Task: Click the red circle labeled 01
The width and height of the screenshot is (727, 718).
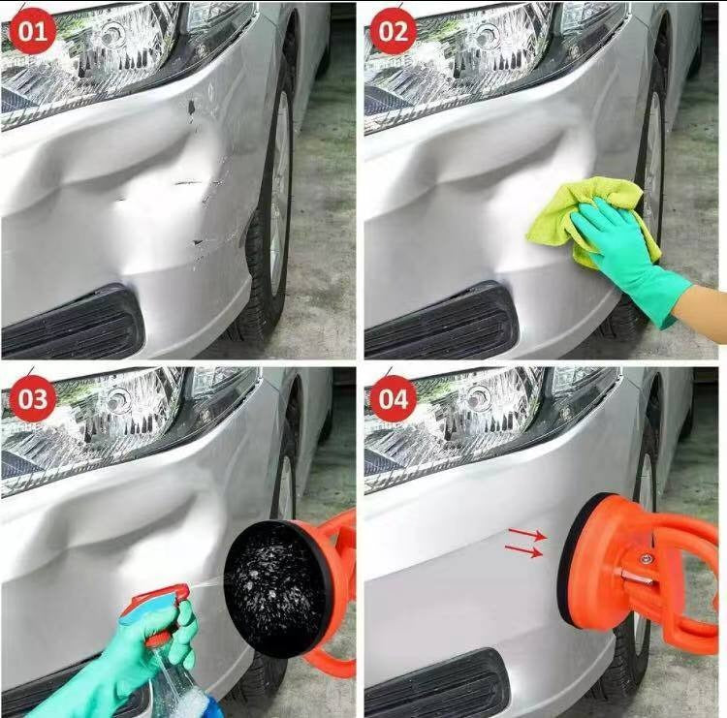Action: (x=32, y=31)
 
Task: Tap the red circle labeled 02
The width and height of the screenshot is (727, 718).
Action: (x=394, y=31)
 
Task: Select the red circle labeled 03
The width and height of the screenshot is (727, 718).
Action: (x=32, y=398)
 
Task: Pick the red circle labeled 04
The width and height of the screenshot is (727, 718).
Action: (x=394, y=398)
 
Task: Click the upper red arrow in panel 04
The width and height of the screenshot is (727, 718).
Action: (x=528, y=534)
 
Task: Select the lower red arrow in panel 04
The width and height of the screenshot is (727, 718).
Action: (x=523, y=550)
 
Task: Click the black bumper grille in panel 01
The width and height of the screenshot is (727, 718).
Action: (x=72, y=322)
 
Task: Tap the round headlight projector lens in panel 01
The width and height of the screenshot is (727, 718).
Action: (x=112, y=33)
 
